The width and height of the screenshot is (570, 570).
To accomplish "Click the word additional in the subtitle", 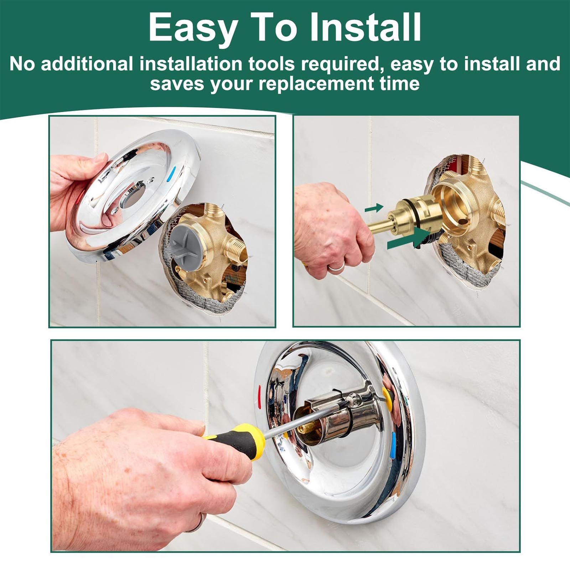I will pos(87,64).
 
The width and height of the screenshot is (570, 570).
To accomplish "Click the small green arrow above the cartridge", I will pos(374,208).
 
